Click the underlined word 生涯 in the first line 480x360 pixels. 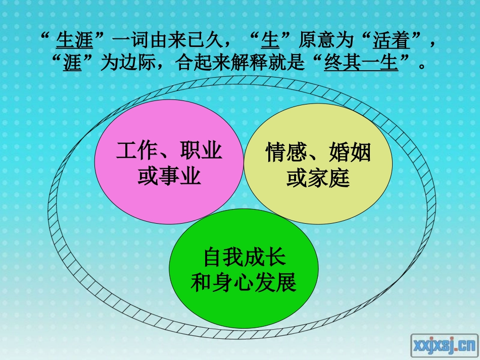point(74,40)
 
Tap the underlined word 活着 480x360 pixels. point(391,40)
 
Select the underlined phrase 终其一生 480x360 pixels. point(361,62)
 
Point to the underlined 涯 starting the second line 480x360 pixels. point(72,62)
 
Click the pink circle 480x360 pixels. point(169,162)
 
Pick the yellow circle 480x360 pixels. point(318,164)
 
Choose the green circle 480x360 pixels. point(244,269)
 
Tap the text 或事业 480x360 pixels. point(169,176)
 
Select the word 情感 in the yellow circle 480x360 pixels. point(286,152)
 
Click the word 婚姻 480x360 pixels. point(350,152)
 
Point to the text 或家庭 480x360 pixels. point(318,178)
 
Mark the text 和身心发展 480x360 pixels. point(244,282)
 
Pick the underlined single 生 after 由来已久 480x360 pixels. point(270,40)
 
